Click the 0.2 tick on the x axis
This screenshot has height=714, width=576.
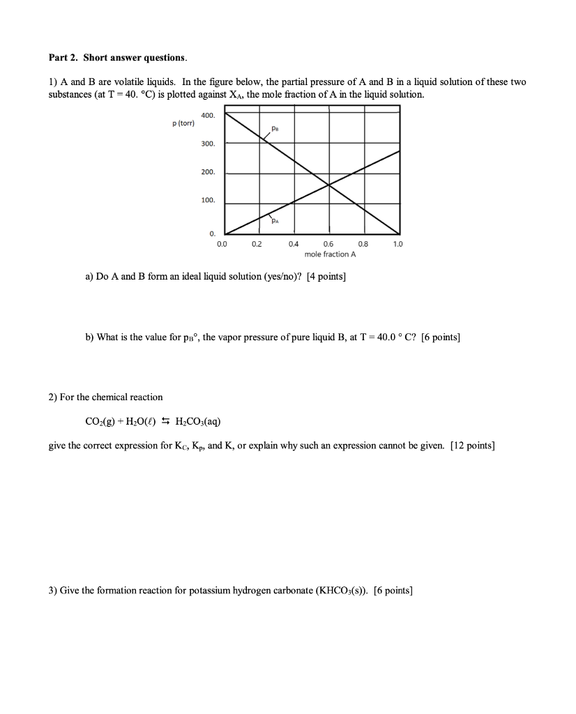[x=257, y=245]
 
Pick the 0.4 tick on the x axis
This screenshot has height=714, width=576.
[x=293, y=245]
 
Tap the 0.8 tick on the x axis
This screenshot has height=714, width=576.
[x=363, y=245]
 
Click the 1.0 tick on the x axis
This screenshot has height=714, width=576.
[x=397, y=245]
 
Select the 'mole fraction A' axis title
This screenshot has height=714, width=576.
[x=330, y=255]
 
